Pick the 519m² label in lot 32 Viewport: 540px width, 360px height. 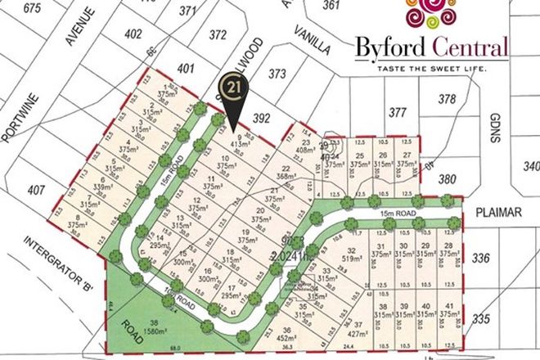coord(353,259)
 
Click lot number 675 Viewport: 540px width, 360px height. coord(33,9)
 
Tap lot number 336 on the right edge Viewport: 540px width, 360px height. coord(503,259)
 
